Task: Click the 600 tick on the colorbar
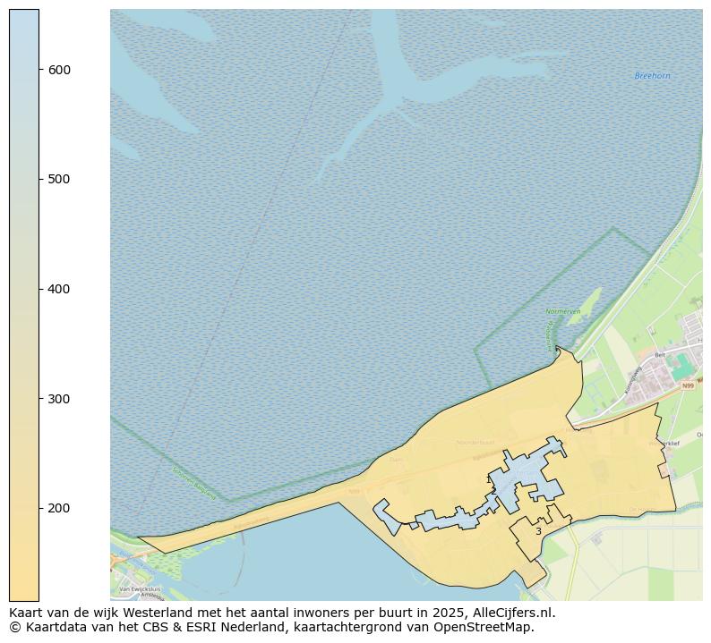(60, 70)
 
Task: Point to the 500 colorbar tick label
(60, 179)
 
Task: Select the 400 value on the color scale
(60, 289)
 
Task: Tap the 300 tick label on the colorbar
(60, 398)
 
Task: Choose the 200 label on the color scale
(60, 508)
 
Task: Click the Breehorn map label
(652, 76)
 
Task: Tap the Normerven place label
(563, 311)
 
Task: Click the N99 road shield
(687, 386)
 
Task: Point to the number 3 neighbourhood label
(538, 531)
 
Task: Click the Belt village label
(660, 354)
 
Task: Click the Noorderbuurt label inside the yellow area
(475, 442)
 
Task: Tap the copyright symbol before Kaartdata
(14, 627)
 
